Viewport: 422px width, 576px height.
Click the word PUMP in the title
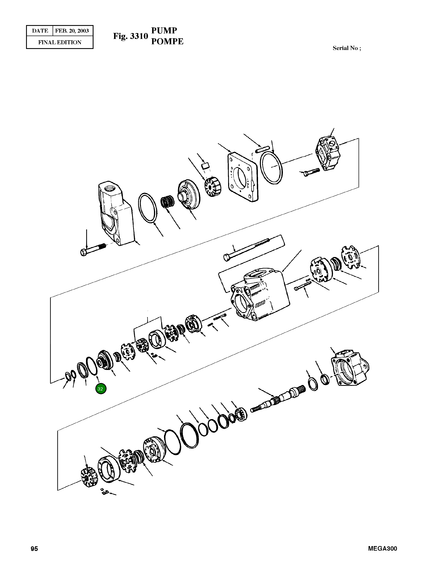(x=164, y=31)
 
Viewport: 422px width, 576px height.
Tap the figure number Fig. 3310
(x=131, y=36)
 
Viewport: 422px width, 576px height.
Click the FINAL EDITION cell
(x=60, y=42)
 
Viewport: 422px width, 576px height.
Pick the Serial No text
(x=347, y=48)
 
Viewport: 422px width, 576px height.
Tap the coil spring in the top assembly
(x=167, y=202)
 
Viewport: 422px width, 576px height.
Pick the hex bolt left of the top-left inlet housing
(x=93, y=249)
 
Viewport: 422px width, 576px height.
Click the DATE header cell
(x=40, y=31)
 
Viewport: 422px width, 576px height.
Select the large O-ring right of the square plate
(x=271, y=167)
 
